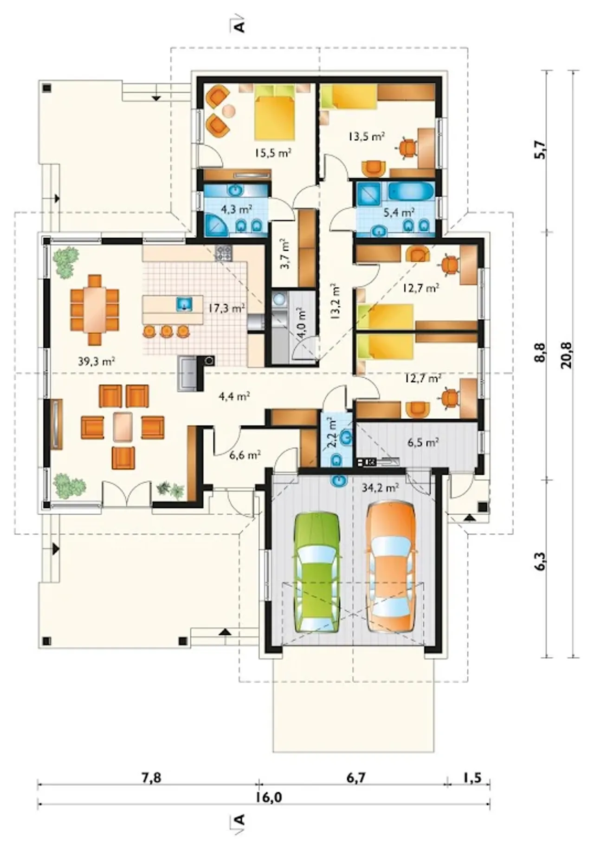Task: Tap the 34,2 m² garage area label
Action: click(x=380, y=487)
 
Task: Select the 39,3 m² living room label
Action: click(x=97, y=362)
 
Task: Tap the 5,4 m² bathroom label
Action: click(x=399, y=213)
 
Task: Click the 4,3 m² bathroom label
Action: click(x=236, y=209)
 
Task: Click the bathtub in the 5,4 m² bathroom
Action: click(x=411, y=191)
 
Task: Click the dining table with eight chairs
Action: click(x=95, y=310)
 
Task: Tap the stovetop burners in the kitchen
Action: click(x=224, y=253)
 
